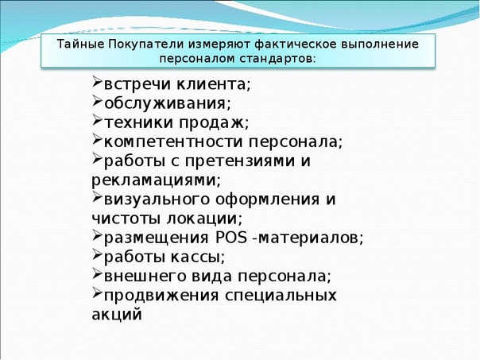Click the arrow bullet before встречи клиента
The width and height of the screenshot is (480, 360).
pos(97,82)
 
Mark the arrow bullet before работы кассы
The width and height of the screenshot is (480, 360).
pos(97,254)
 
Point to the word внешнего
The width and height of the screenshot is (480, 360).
pos(145,277)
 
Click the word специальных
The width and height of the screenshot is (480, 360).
pos(281,296)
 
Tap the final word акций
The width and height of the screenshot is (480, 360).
pos(117,315)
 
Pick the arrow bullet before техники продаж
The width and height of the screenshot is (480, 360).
pos(97,120)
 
